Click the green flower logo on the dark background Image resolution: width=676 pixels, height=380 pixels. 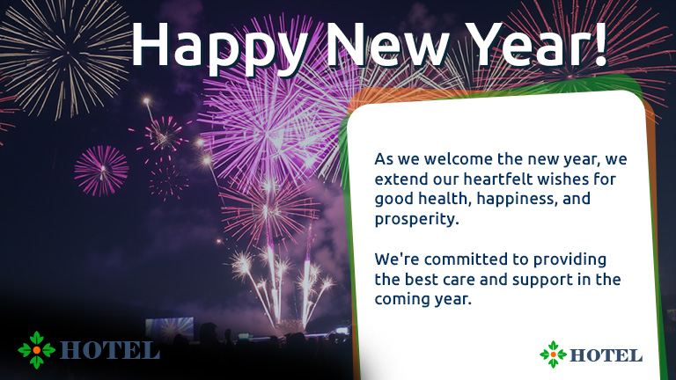point(37,350)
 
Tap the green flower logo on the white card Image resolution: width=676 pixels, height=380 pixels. point(553,354)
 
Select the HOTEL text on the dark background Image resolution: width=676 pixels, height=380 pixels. point(109,351)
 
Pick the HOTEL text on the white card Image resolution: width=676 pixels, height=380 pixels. point(606,355)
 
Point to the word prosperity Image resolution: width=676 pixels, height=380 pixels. point(416,219)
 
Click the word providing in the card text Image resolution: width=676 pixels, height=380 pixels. point(569,260)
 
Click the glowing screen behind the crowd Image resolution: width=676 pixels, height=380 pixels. point(169,328)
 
